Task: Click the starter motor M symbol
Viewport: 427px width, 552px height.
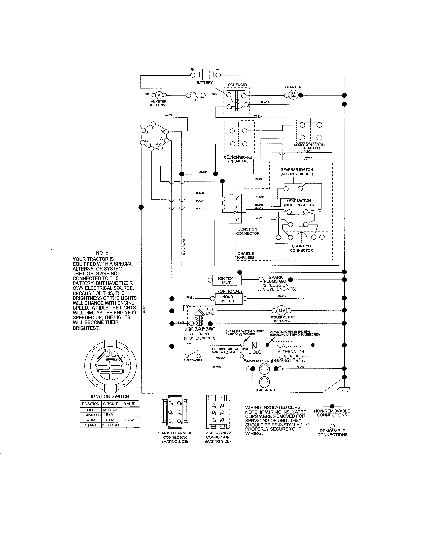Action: (293, 95)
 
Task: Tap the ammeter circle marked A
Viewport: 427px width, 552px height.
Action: (159, 95)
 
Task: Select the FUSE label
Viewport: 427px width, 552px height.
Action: (195, 100)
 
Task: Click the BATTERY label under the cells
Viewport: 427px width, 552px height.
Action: (205, 83)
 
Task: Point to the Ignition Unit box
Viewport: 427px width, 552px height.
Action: (227, 280)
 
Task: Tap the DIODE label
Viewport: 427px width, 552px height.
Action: (255, 352)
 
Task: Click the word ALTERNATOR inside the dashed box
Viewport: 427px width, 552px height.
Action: (291, 352)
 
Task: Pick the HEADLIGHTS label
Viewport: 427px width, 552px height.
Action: (265, 390)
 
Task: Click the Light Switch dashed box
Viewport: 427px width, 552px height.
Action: (193, 355)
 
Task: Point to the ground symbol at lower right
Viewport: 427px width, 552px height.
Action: (343, 390)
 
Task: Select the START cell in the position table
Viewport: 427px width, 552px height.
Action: (91, 425)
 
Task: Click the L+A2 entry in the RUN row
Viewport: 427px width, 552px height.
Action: (129, 420)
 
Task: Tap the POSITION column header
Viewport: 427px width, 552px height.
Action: (91, 404)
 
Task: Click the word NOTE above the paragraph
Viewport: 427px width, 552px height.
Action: (102, 253)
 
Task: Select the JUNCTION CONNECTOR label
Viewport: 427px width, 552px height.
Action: (248, 231)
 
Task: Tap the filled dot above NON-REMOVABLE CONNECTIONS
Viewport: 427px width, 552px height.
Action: (332, 406)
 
